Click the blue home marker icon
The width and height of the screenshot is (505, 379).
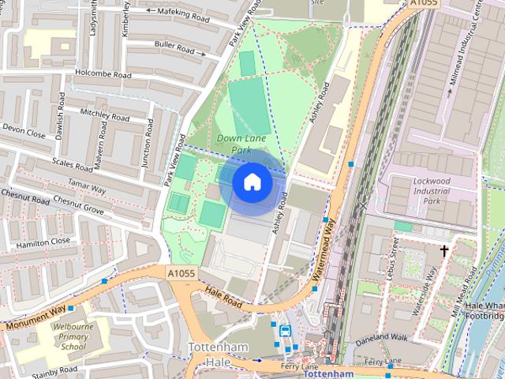pyautogui.click(x=252, y=182)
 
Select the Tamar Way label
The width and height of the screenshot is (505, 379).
pyautogui.click(x=87, y=189)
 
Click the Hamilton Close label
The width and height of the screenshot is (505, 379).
pyautogui.click(x=39, y=242)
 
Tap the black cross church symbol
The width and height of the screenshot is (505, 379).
pyautogui.click(x=444, y=251)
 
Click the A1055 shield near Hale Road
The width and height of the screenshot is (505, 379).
pyautogui.click(x=181, y=272)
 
